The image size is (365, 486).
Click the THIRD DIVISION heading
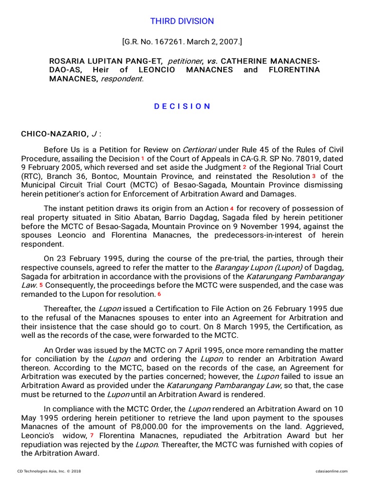pyautogui.click(x=182, y=21)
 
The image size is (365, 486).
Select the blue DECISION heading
pyautogui.click(x=182, y=106)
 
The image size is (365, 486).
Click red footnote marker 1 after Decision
pyautogui.click(x=142, y=159)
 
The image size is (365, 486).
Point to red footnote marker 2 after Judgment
pyautogui.click(x=244, y=168)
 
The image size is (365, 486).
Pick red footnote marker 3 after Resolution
pyautogui.click(x=314, y=177)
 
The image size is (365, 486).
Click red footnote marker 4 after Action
pyautogui.click(x=232, y=209)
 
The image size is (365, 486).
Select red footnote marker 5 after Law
pyautogui.click(x=41, y=285)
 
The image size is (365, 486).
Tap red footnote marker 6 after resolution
pyautogui.click(x=159, y=294)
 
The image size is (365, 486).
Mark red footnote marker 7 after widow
pyautogui.click(x=92, y=436)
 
